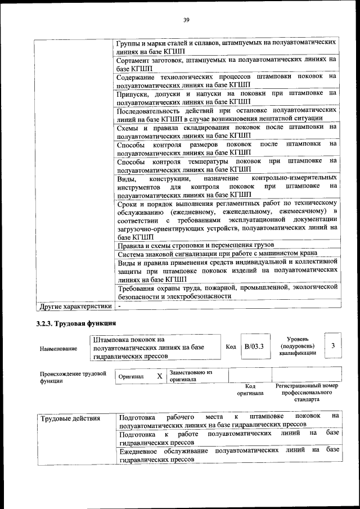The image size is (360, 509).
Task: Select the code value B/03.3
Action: [x=254, y=347]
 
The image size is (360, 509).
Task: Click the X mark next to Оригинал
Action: [x=159, y=376]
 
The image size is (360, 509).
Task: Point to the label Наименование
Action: [x=58, y=349]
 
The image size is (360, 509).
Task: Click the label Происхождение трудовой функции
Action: [x=73, y=377]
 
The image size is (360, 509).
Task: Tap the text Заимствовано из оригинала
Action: [x=190, y=376]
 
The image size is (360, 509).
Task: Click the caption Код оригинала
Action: [x=250, y=390]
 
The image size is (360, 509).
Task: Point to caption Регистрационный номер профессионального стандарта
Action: [x=307, y=393]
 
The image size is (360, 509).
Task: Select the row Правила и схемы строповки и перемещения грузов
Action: [x=195, y=245]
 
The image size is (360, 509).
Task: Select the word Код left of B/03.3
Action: [x=231, y=347]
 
